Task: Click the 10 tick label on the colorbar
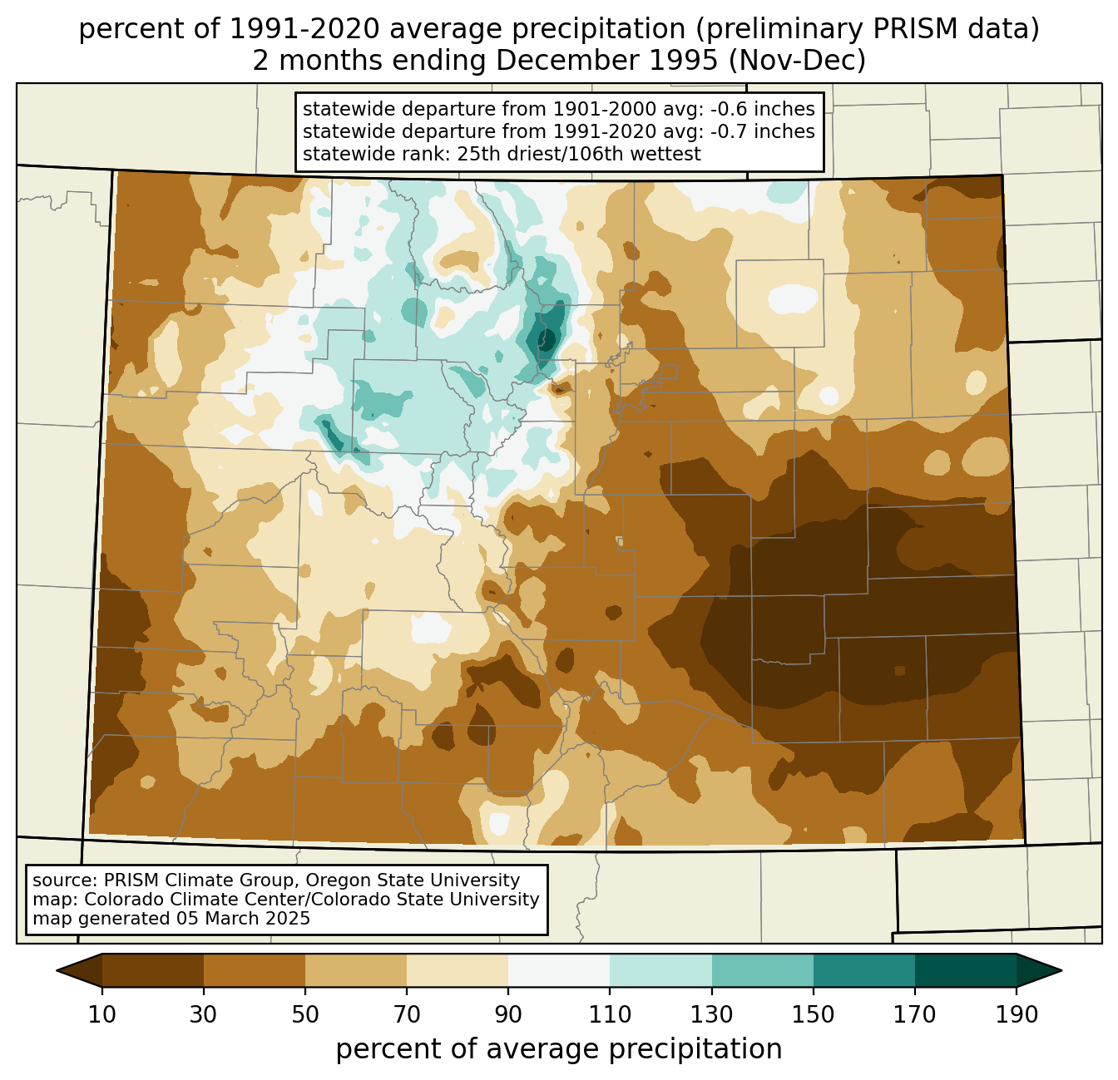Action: point(102,1015)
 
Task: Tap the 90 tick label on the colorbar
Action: point(508,1015)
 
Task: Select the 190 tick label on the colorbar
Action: point(1017,1015)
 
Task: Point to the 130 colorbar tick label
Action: point(712,1015)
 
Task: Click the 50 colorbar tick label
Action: point(305,1015)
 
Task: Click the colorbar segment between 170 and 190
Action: point(966,970)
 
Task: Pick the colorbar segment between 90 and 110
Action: point(559,970)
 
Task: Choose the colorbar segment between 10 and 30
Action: point(153,970)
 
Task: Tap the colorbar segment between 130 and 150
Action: point(763,970)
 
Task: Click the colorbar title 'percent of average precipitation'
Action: point(559,1049)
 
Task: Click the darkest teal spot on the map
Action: point(548,339)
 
